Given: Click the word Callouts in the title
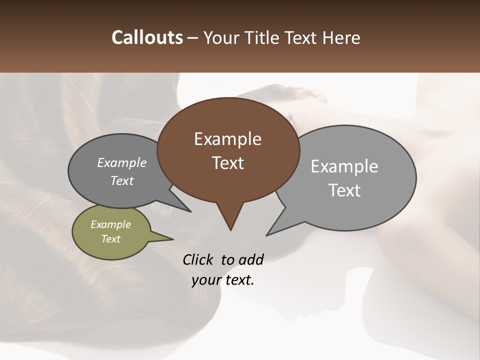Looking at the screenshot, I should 147,37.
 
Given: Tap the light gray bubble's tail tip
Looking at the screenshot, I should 267,234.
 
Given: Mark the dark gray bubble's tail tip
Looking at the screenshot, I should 190,211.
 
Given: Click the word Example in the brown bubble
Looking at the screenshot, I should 227,139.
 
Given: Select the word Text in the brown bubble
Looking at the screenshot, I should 227,163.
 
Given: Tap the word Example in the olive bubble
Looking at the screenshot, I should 110,224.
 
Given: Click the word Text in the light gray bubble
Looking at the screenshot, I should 344,190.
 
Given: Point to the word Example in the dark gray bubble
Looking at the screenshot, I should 121,162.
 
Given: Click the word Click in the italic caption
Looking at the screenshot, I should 197,259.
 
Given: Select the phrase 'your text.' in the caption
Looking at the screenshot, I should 223,280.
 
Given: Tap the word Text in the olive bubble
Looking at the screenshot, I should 110,239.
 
